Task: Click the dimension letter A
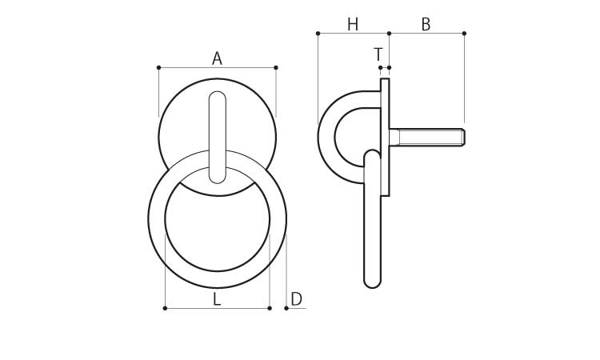point(217,59)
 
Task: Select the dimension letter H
point(353,25)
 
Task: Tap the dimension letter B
point(426,25)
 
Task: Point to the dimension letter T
point(378,54)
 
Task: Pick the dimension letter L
point(217,299)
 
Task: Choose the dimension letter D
point(297,299)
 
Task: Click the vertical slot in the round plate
point(218,137)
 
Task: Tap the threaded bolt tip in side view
point(462,138)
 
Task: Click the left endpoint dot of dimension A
point(159,68)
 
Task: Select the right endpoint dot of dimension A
point(276,68)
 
